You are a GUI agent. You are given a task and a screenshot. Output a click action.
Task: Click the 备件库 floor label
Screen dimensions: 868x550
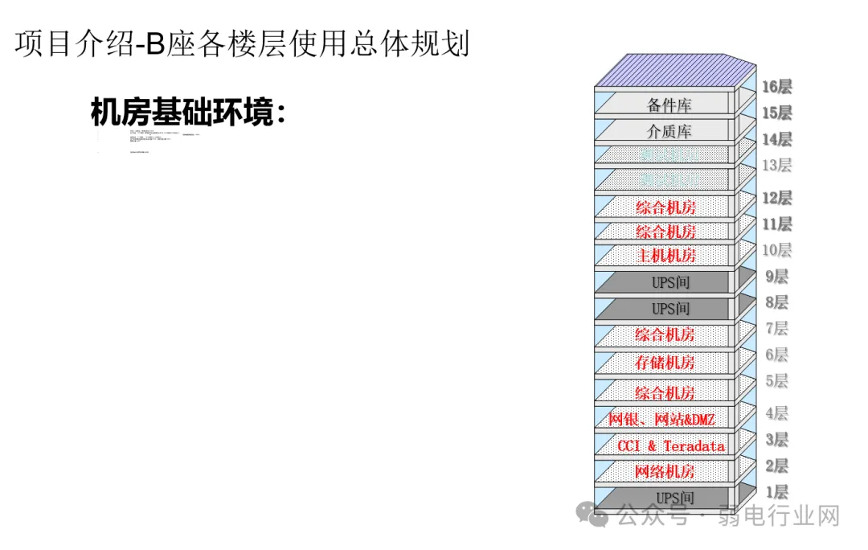pyautogui.click(x=669, y=105)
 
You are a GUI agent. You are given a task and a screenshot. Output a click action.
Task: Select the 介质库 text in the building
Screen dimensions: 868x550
pyautogui.click(x=669, y=131)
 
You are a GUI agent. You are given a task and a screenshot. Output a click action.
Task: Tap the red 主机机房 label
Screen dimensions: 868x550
pyautogui.click(x=666, y=256)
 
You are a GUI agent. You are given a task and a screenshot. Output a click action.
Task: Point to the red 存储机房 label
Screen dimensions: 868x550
pyautogui.click(x=665, y=362)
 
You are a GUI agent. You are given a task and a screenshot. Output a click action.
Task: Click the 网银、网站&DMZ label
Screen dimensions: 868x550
pyautogui.click(x=661, y=419)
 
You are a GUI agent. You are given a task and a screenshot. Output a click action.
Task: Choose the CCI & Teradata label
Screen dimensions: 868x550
pyautogui.click(x=670, y=445)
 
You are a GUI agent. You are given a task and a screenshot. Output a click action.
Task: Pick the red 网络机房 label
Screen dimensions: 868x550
pyautogui.click(x=665, y=471)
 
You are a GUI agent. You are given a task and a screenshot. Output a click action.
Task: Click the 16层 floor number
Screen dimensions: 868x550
pyautogui.click(x=776, y=87)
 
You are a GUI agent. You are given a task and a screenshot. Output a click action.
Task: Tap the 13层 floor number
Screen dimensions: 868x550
pyautogui.click(x=776, y=166)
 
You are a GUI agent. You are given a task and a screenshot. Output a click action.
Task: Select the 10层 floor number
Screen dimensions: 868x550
pyautogui.click(x=776, y=250)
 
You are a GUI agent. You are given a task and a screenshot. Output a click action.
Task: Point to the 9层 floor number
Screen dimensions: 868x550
pyautogui.click(x=776, y=277)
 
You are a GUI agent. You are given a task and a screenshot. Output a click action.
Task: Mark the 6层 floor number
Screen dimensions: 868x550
pyautogui.click(x=776, y=355)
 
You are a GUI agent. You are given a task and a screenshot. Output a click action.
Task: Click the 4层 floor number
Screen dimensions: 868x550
pyautogui.click(x=776, y=413)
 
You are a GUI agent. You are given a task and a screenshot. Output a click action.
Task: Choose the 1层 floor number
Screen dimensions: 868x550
pyautogui.click(x=776, y=492)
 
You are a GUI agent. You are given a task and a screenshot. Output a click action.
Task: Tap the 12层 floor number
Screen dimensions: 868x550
pyautogui.click(x=776, y=198)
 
